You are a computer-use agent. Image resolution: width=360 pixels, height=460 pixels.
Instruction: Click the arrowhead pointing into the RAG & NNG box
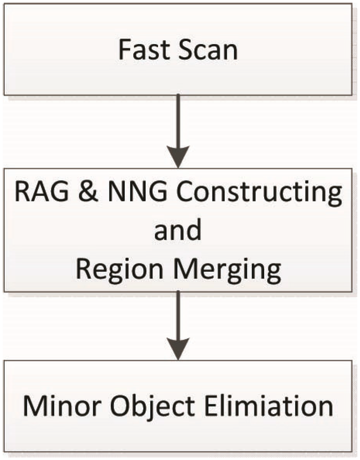178,157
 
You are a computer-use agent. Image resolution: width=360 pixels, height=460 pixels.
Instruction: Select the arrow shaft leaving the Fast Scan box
178,120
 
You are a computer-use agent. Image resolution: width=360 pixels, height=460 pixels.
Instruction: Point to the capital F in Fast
124,50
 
